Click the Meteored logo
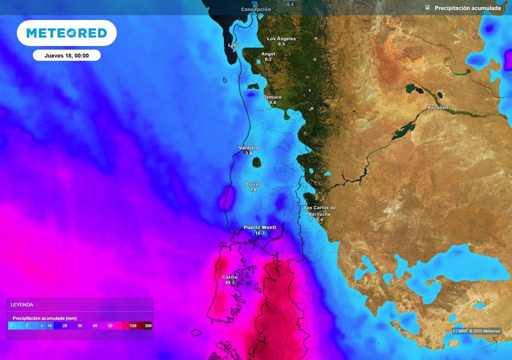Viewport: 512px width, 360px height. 66,33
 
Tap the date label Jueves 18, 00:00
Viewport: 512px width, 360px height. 66,55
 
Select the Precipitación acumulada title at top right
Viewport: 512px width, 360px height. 467,8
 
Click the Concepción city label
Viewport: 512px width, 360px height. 255,9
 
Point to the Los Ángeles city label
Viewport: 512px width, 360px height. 281,38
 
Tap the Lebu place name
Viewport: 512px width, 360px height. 233,45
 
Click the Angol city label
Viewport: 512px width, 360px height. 268,54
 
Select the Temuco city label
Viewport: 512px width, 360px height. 272,97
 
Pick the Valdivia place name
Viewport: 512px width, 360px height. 248,148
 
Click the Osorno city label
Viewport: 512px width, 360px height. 253,184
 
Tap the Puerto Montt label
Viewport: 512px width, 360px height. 259,227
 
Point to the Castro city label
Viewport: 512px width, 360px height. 229,277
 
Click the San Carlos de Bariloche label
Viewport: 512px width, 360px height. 319,210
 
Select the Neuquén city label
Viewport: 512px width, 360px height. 437,108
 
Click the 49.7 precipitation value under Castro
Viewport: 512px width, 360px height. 229,283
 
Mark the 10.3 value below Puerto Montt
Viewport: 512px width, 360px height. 259,233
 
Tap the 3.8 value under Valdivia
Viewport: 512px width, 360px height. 248,153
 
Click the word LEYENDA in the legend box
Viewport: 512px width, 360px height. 22,304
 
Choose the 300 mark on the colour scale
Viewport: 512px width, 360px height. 148,326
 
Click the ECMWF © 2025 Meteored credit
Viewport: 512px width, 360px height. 476,331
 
